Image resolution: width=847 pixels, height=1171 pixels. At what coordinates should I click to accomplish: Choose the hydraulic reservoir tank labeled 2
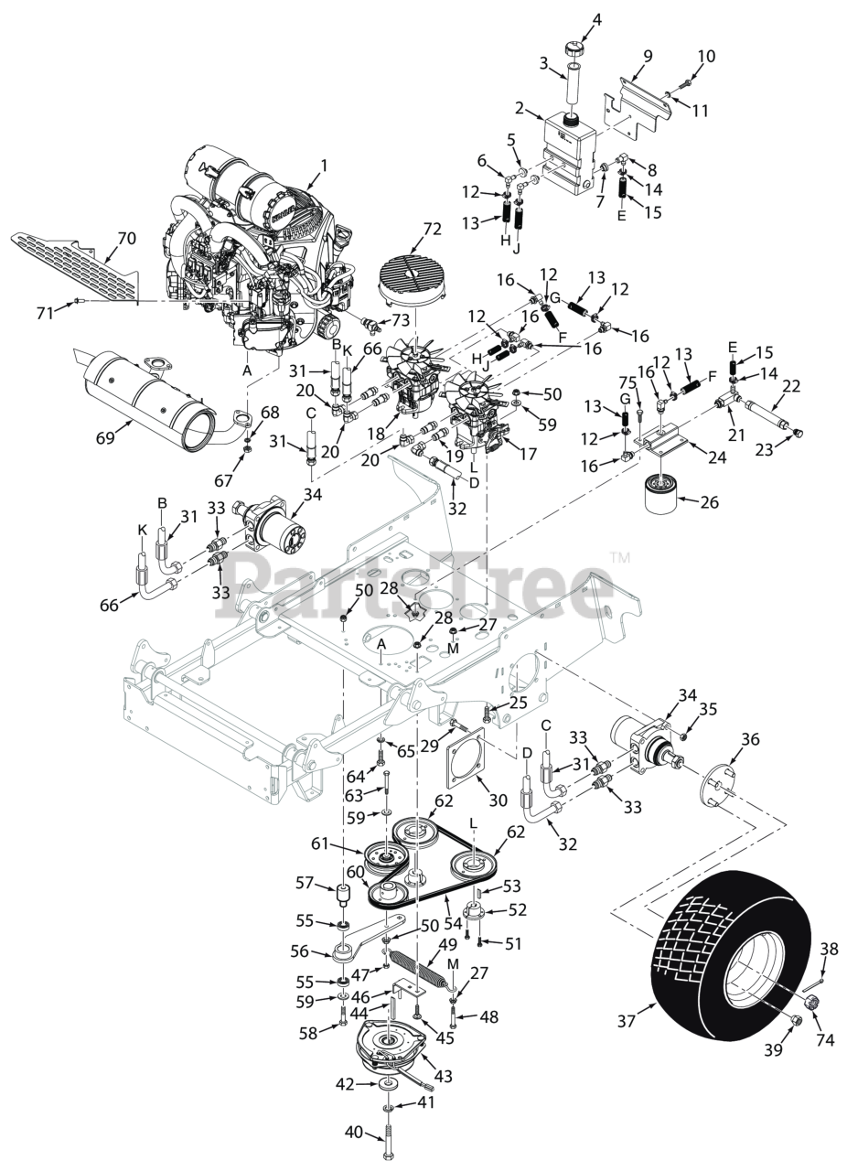coord(567,151)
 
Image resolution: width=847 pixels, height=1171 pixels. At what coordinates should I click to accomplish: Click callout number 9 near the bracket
coord(648,56)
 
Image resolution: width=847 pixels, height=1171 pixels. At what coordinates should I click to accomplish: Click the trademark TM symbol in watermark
coord(619,557)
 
